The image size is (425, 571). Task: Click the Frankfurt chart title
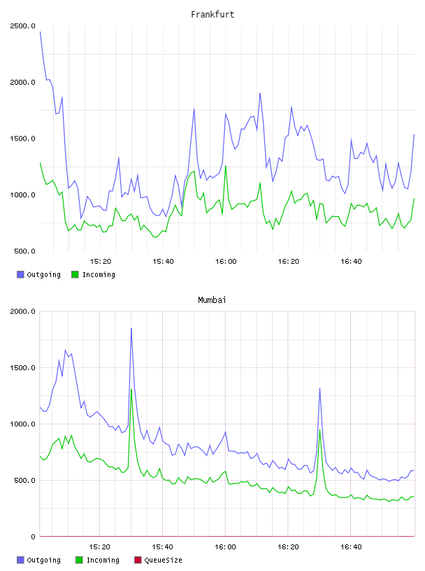click(x=212, y=14)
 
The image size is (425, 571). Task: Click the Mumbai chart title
click(x=212, y=299)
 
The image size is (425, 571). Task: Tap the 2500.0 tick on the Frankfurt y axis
click(x=22, y=26)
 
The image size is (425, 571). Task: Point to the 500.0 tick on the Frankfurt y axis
click(x=24, y=251)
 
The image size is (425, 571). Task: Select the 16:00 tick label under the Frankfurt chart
click(x=226, y=262)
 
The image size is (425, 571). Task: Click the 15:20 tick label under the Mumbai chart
click(x=100, y=547)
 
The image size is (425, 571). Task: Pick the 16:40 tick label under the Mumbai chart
click(x=351, y=547)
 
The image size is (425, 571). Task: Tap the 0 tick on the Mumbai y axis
click(x=33, y=537)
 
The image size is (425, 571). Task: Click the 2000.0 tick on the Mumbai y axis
click(x=22, y=311)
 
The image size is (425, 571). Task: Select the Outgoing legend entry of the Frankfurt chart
click(x=38, y=274)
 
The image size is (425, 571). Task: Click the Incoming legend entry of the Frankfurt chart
click(x=93, y=274)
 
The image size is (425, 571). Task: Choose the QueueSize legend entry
click(x=158, y=560)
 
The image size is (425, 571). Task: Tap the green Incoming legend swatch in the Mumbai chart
click(x=79, y=560)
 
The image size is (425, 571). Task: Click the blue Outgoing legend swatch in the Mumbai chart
click(x=20, y=560)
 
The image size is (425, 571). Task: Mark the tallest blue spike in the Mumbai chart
click(x=131, y=329)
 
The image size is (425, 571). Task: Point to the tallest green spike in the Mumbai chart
click(x=131, y=390)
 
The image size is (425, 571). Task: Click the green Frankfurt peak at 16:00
click(x=226, y=167)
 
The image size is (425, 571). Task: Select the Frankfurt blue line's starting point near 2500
click(x=40, y=32)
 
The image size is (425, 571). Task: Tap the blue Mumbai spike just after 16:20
click(x=320, y=389)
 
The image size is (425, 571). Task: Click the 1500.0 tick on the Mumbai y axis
click(x=22, y=368)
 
